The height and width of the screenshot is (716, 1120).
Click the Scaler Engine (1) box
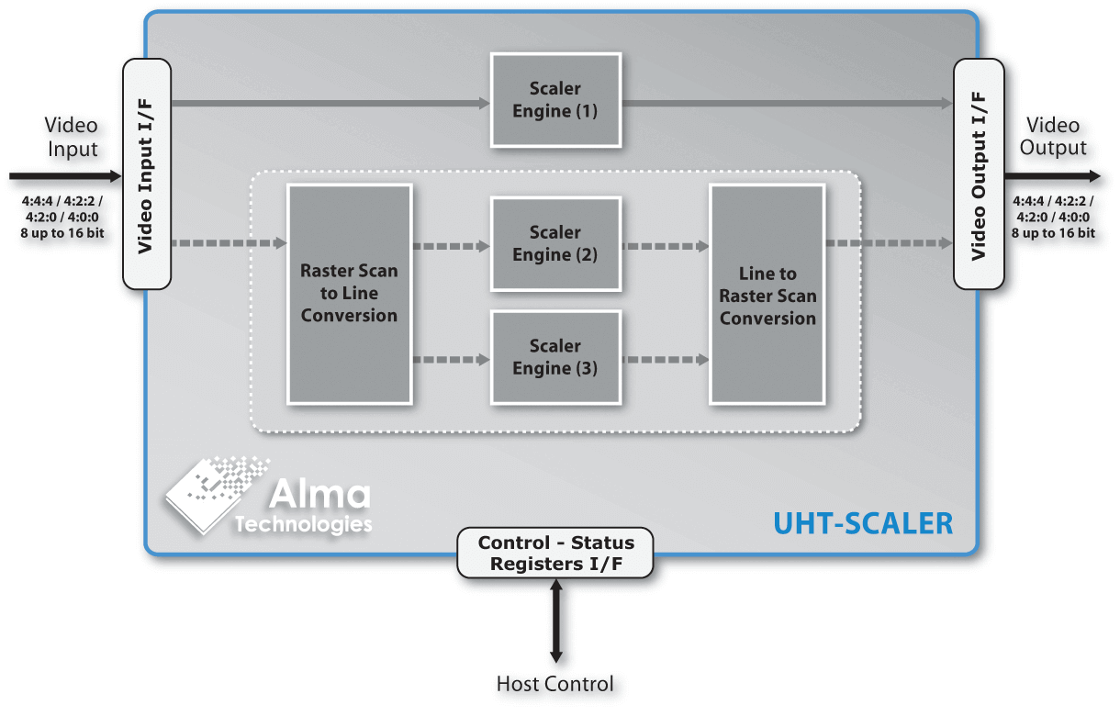(x=555, y=100)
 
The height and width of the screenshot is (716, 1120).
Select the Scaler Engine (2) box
(x=555, y=243)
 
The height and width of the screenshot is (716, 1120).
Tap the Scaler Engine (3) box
(x=555, y=357)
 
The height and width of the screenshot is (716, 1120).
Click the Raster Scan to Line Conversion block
(x=349, y=294)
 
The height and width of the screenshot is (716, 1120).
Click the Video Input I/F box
(x=147, y=174)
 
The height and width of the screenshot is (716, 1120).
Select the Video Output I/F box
(x=978, y=174)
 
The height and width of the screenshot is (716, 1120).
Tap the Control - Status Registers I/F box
(x=555, y=553)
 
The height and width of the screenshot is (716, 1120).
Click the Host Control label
(x=555, y=684)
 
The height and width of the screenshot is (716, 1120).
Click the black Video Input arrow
(x=64, y=175)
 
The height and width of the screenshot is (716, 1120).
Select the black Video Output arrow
(x=1051, y=175)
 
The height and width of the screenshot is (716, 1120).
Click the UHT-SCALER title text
(x=863, y=523)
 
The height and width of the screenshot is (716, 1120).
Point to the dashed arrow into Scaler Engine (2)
(x=452, y=246)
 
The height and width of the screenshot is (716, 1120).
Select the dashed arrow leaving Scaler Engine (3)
(x=665, y=360)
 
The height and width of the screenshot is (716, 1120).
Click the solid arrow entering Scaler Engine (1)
(x=330, y=104)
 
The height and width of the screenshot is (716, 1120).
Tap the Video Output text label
(x=1053, y=137)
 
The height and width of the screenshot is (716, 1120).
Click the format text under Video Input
(x=62, y=217)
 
